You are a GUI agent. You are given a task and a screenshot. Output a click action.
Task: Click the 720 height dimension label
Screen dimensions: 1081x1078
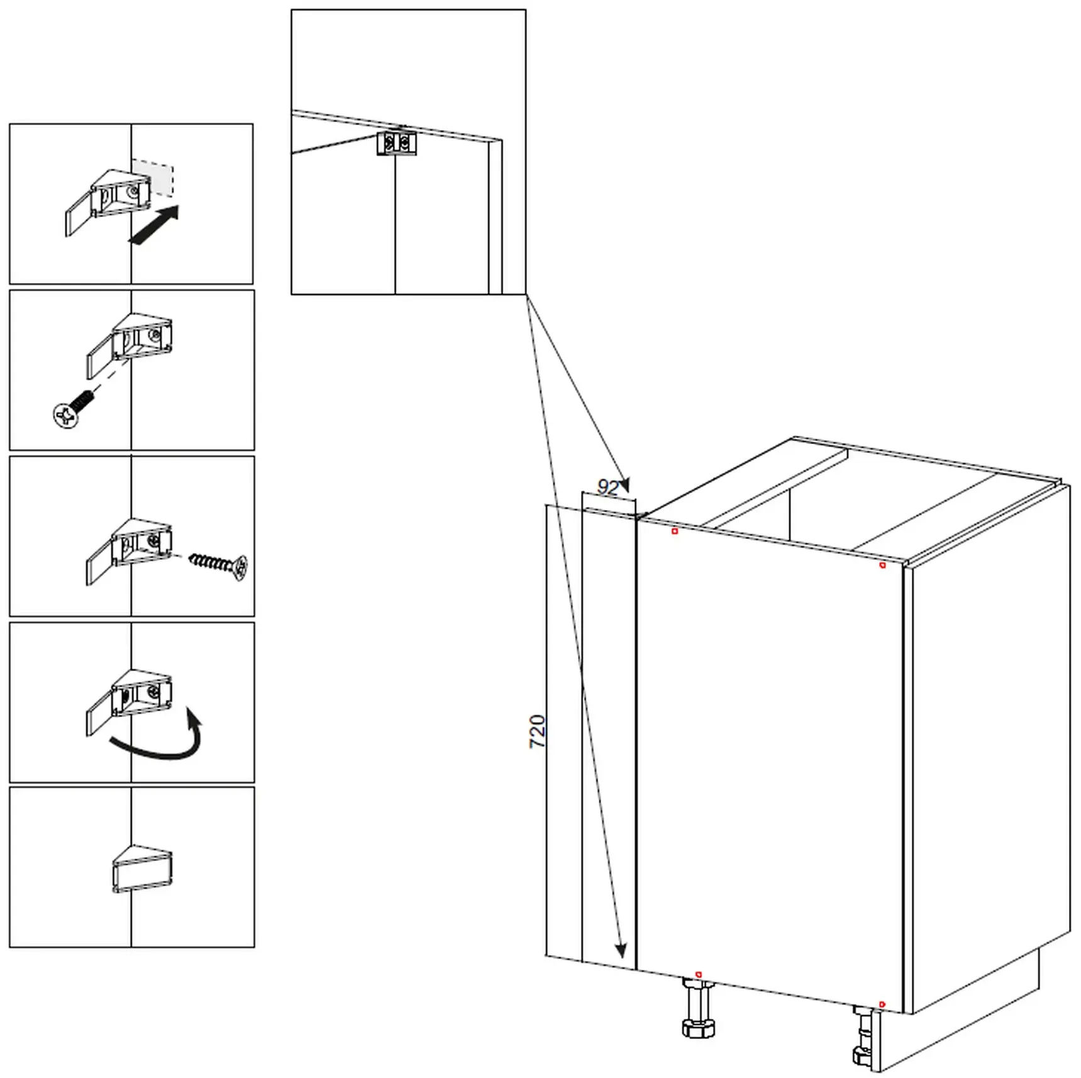click(x=537, y=731)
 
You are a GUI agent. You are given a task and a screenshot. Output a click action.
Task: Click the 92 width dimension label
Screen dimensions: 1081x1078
click(x=608, y=487)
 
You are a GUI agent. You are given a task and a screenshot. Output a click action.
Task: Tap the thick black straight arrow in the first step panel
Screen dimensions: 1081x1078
click(x=154, y=225)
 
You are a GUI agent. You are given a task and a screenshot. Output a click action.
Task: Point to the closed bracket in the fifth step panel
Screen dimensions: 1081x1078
click(x=142, y=869)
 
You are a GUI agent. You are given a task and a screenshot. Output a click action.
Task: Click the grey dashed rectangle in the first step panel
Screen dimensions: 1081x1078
click(x=152, y=176)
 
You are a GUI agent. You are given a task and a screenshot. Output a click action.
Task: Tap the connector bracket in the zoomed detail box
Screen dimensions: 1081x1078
click(x=396, y=143)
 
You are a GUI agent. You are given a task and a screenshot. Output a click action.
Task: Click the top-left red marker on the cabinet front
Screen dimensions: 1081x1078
click(x=675, y=531)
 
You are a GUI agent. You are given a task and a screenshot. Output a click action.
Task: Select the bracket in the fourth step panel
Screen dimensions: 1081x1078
click(x=129, y=702)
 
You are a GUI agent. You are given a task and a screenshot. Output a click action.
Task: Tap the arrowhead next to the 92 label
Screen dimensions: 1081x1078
click(x=624, y=485)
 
